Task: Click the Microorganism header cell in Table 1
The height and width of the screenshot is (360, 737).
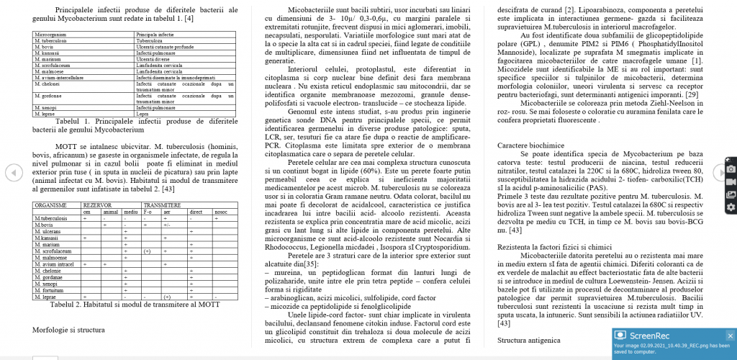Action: click(48, 35)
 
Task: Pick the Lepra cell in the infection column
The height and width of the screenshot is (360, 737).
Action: click(143, 114)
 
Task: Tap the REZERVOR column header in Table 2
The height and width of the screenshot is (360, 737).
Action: click(97, 205)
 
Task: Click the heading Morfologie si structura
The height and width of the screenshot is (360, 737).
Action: click(69, 330)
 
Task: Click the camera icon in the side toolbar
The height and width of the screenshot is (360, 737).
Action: click(731, 168)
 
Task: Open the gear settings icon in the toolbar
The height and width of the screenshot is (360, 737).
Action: click(731, 207)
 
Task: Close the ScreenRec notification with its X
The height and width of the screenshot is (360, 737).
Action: click(730, 335)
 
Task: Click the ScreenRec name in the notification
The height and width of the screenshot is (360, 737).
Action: click(650, 335)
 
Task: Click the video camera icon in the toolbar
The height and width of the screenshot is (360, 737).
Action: click(731, 181)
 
